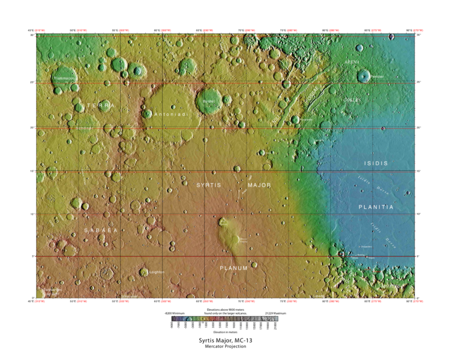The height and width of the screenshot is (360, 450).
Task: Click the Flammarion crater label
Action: coord(66,78)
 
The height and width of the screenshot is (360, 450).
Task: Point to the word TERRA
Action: coord(100,105)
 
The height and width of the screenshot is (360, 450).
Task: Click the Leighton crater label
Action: coord(157,272)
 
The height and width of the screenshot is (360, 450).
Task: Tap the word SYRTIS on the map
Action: coord(209,185)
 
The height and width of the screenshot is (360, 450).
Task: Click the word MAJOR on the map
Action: coord(259,185)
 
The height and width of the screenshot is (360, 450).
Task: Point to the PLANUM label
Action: coord(233,268)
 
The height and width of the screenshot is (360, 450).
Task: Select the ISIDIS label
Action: coord(376,163)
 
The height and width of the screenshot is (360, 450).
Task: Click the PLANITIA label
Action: coord(376,206)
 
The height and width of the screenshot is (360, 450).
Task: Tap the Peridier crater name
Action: coord(377,77)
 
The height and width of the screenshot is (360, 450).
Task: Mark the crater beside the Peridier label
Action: coord(364,76)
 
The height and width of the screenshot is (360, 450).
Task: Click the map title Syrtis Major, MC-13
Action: coord(225,341)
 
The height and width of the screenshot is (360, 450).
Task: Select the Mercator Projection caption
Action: coord(225,347)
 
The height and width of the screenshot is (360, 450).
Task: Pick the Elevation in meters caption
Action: coord(225,331)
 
